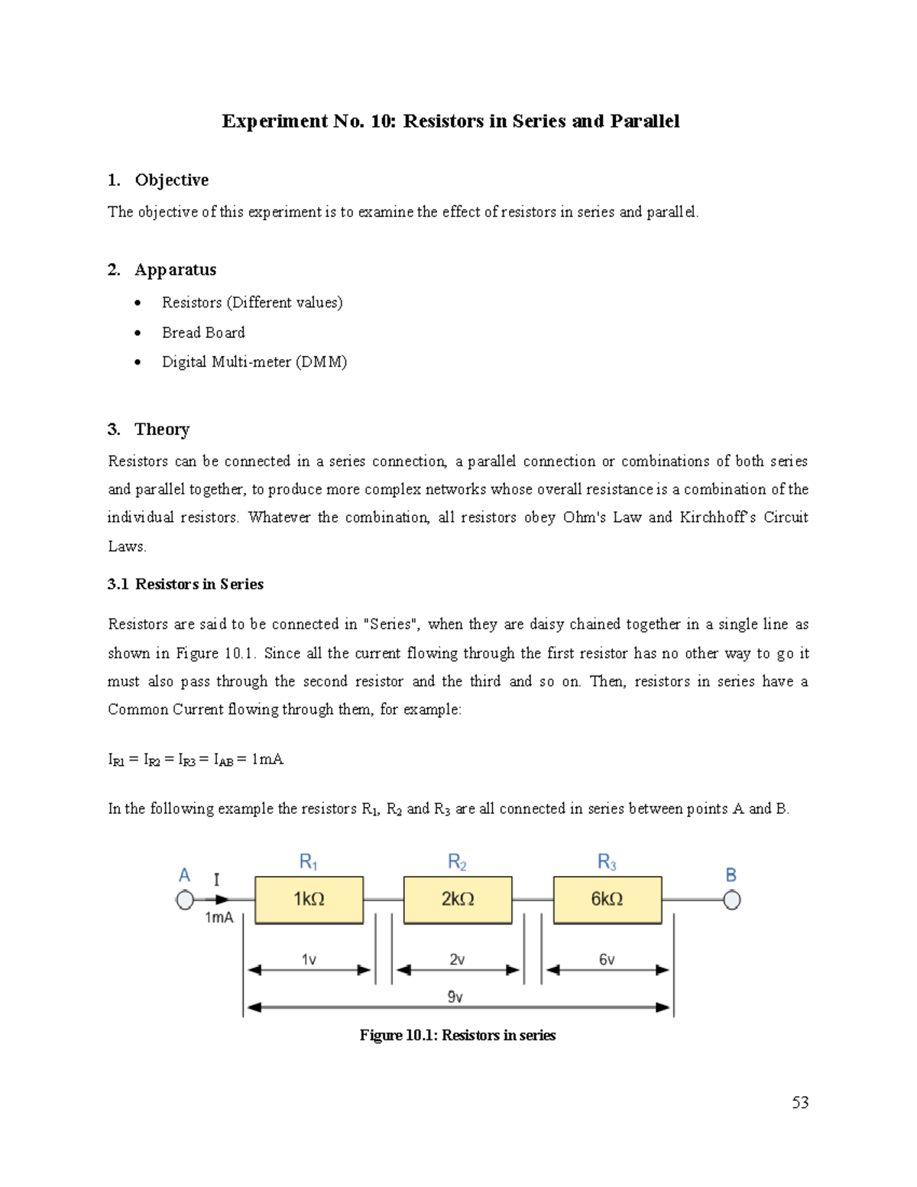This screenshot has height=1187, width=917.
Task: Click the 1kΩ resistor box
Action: point(309,900)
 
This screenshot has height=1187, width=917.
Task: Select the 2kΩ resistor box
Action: point(458,900)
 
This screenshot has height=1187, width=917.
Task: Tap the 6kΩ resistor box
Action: point(607,900)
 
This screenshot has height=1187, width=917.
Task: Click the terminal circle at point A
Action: point(185,900)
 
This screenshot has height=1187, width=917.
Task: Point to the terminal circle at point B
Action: point(731,900)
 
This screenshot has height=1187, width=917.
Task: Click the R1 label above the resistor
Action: point(308,862)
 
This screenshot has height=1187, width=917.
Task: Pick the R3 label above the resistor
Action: point(607,862)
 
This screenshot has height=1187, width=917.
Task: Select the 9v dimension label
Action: point(455,997)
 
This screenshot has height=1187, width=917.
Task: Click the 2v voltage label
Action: point(457,959)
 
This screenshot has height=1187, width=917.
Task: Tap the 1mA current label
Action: point(219,918)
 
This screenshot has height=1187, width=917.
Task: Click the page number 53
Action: point(800,1102)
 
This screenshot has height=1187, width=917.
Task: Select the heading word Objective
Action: point(171,180)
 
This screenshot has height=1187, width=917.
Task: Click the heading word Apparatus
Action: point(175,270)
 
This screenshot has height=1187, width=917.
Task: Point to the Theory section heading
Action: point(162,430)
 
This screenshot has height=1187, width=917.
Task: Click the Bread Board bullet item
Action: point(203,332)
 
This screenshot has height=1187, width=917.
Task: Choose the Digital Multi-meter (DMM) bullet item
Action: point(254,362)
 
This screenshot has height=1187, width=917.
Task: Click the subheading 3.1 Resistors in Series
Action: point(186,584)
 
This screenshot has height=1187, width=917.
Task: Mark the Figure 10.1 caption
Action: point(458,1036)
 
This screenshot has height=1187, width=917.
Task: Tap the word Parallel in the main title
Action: point(644,122)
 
